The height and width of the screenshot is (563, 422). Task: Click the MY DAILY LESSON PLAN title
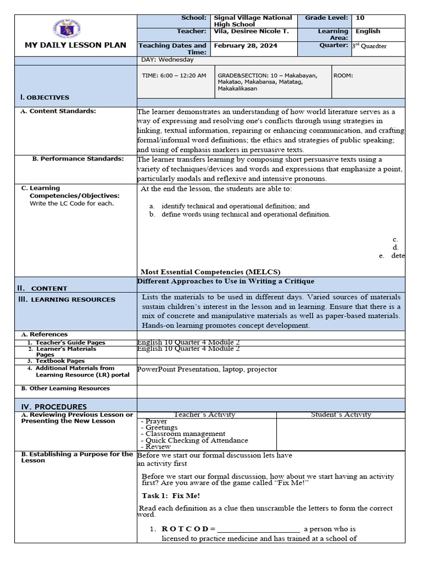[75, 45]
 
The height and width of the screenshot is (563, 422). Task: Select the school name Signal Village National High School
[253, 21]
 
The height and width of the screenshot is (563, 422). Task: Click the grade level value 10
[360, 18]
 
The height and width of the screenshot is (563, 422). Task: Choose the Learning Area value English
[368, 31]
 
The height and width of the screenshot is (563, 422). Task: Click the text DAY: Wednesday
[168, 59]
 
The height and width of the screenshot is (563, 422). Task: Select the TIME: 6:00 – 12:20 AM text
[174, 75]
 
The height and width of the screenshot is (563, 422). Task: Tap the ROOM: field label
[343, 75]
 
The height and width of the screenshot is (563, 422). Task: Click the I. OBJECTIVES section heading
[45, 97]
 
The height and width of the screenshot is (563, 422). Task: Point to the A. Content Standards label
[58, 111]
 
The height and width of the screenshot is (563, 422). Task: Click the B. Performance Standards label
[77, 159]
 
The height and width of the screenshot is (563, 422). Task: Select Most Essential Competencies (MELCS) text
[210, 272]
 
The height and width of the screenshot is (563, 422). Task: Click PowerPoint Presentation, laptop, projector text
[207, 369]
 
